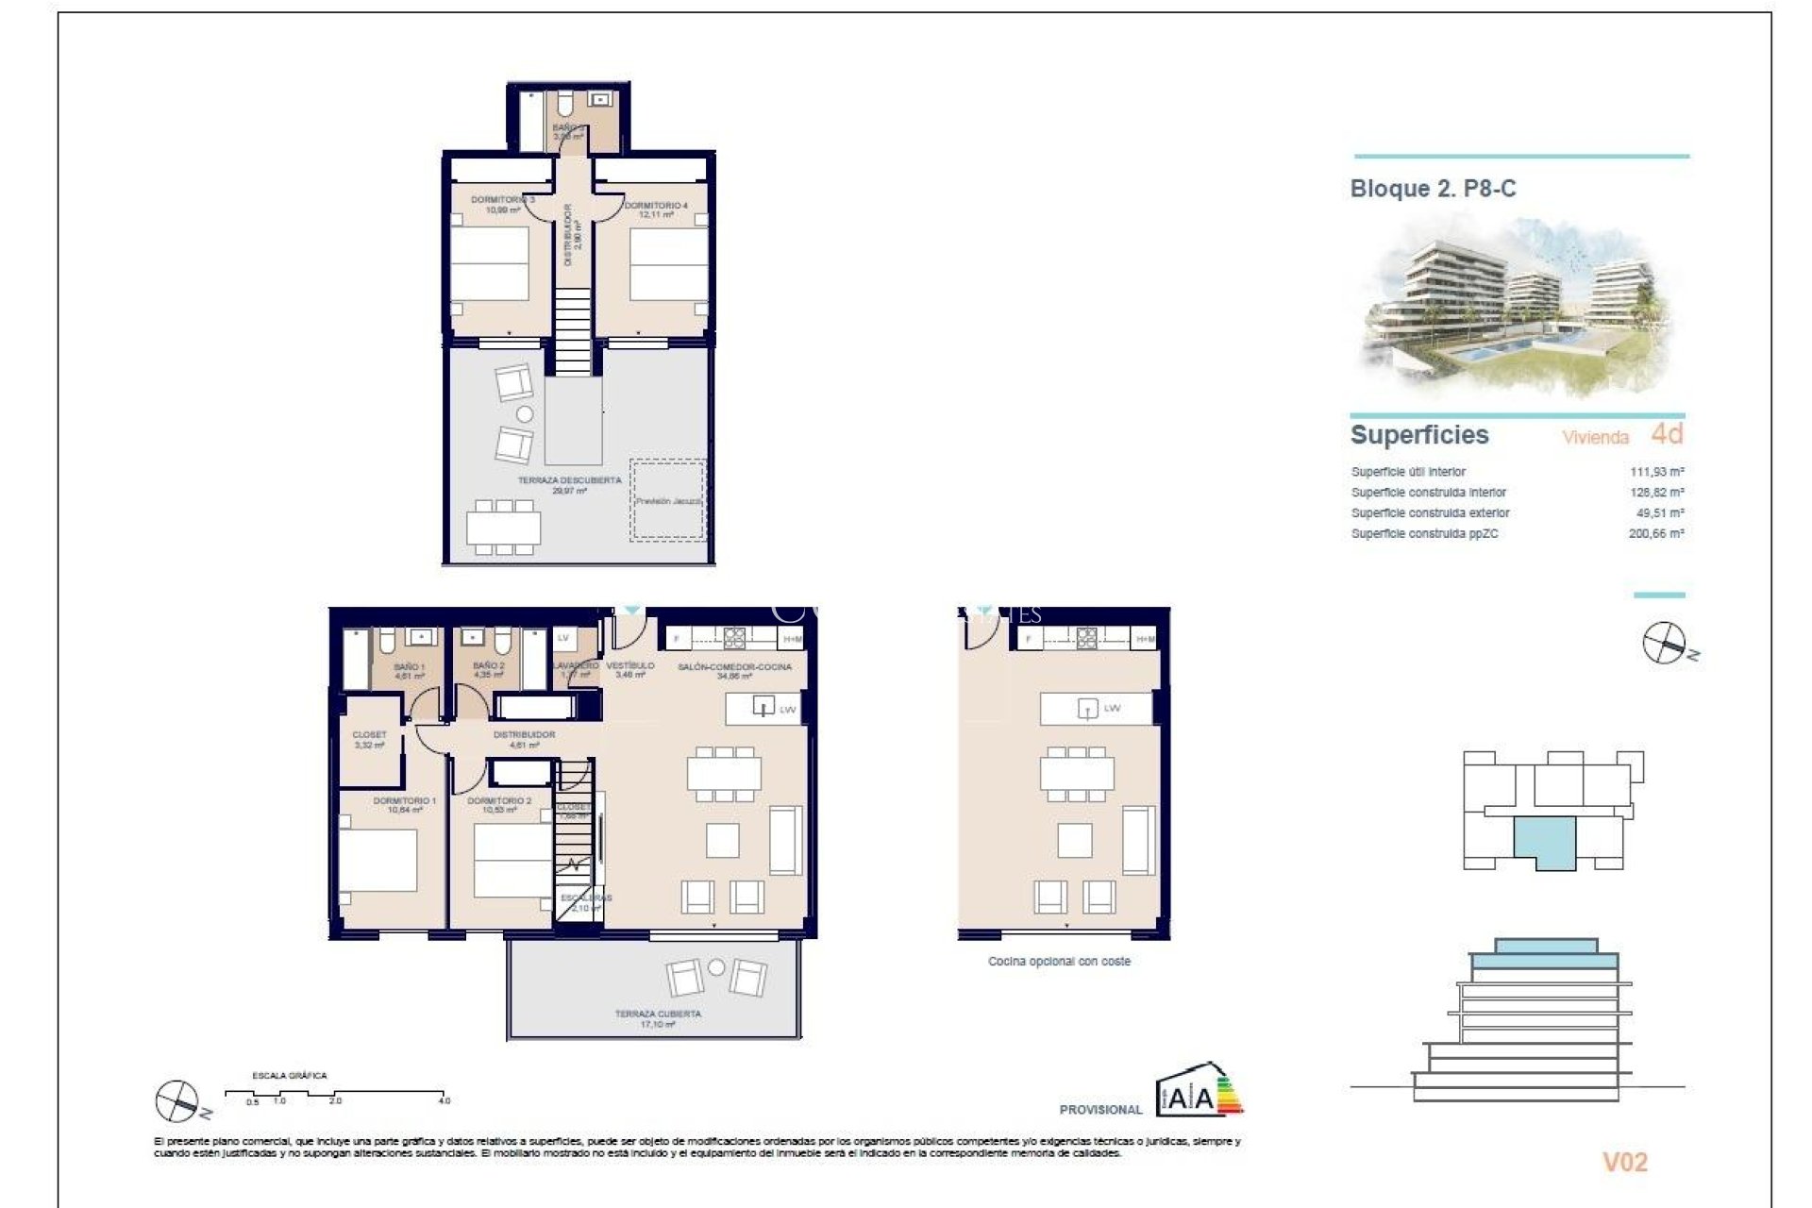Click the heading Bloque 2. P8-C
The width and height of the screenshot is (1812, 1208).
tap(1433, 189)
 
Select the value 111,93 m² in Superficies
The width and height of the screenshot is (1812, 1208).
tap(1656, 472)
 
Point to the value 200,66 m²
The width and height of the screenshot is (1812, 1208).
tap(1656, 534)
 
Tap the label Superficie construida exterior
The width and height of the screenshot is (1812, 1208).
tap(1430, 513)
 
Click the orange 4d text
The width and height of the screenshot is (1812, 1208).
tap(1667, 434)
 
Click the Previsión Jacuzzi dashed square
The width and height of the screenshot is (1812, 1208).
tap(668, 501)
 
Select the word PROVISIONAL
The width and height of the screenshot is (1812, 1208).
tap(1100, 1110)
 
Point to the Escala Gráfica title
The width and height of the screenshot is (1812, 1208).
tap(290, 1076)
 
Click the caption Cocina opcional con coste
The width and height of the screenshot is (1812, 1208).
tap(1059, 962)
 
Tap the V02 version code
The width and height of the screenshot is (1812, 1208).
tap(1624, 1163)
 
